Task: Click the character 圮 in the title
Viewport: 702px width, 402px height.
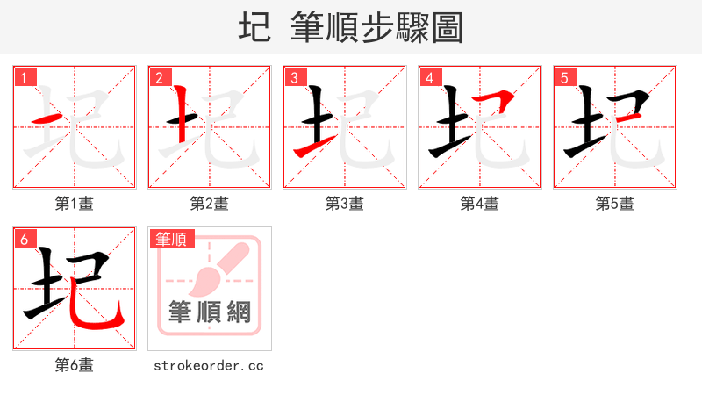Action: (254, 28)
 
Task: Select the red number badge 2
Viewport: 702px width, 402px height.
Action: (160, 78)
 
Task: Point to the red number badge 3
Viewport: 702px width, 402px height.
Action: (295, 78)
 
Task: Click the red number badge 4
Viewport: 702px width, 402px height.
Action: (430, 78)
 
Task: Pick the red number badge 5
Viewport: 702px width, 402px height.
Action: (565, 78)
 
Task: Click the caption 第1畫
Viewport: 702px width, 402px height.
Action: (75, 204)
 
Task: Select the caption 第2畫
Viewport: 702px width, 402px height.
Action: (210, 204)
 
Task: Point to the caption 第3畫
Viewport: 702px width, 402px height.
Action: (345, 204)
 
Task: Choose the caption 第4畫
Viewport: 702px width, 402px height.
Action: (480, 204)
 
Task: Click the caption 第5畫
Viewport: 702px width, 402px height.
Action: (615, 204)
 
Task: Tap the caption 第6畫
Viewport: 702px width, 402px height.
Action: (75, 365)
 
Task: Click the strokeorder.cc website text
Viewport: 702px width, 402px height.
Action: (209, 365)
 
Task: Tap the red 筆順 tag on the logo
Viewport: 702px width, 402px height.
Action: (172, 239)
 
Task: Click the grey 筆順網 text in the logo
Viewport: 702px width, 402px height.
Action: (210, 312)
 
